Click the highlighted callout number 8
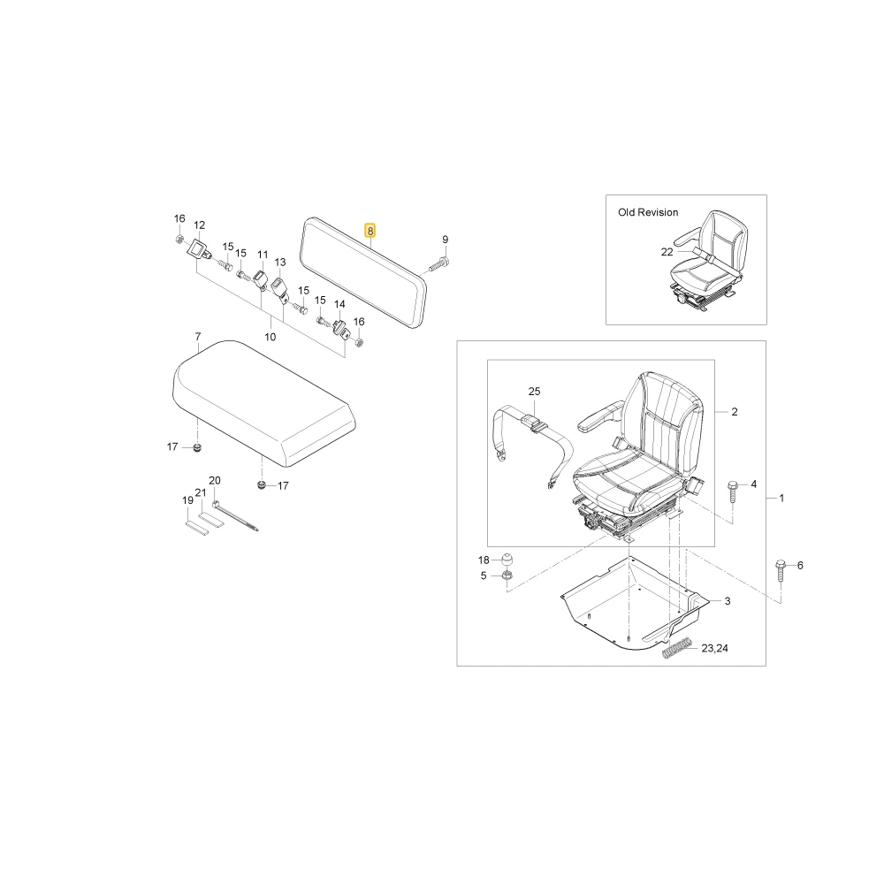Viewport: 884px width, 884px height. coord(370,231)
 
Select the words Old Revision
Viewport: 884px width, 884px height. coord(648,212)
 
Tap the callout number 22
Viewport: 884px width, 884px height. coord(667,252)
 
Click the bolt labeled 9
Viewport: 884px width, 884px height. coord(438,263)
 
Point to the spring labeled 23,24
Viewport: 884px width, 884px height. coord(676,647)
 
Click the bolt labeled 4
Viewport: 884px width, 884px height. coord(733,492)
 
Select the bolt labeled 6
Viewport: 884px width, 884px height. coord(781,571)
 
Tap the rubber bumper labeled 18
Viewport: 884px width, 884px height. coord(507,560)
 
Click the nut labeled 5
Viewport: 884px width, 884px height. coord(507,576)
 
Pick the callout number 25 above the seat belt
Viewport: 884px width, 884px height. coord(535,392)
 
